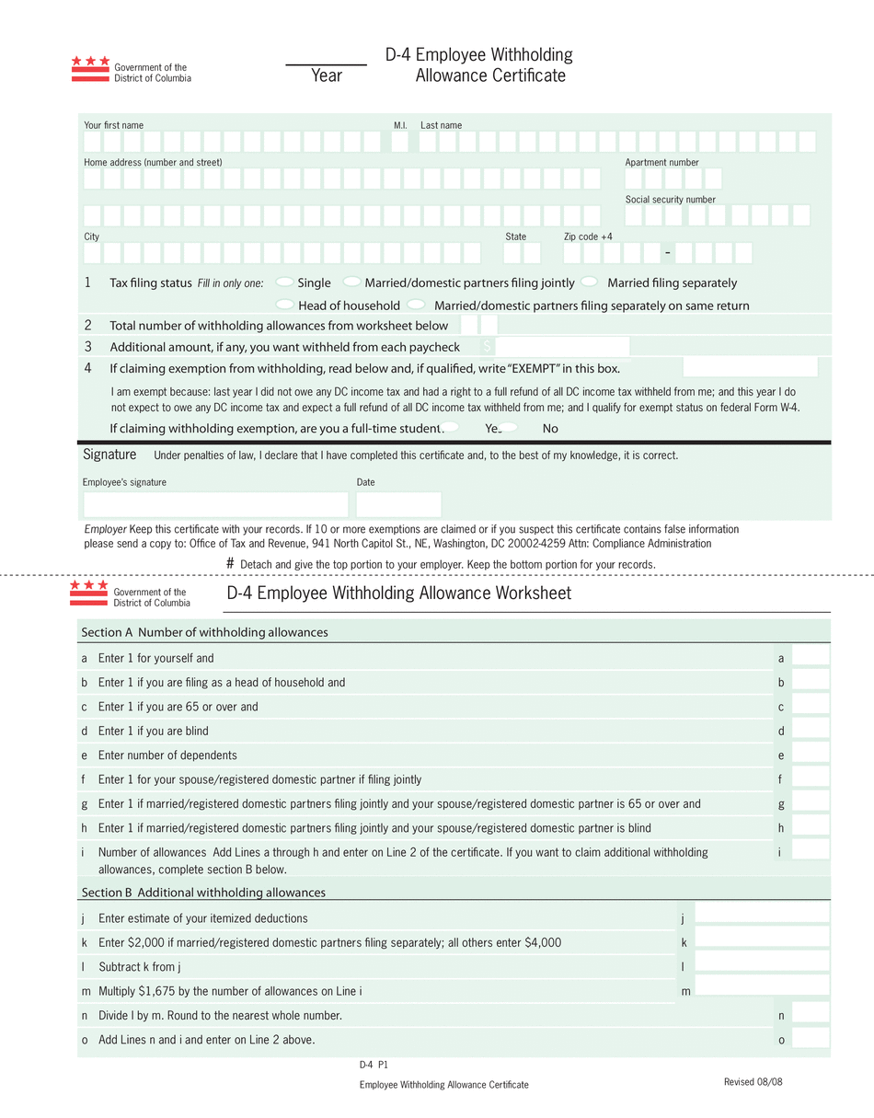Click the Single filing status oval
pyautogui.click(x=285, y=282)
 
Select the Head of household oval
pyautogui.click(x=285, y=305)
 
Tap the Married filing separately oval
pyautogui.click(x=590, y=282)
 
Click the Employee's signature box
pyautogui.click(x=216, y=504)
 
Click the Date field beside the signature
pyautogui.click(x=398, y=504)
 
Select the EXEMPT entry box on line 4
pyautogui.click(x=750, y=367)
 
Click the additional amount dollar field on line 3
pyautogui.click(x=561, y=346)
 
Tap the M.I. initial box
pyautogui.click(x=399, y=142)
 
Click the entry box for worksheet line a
pyautogui.click(x=811, y=656)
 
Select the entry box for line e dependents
pyautogui.click(x=811, y=754)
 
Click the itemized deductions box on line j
pyautogui.click(x=762, y=913)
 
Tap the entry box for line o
pyautogui.click(x=811, y=1038)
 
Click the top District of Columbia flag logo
pyautogui.click(x=90, y=69)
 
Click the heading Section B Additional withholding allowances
pyautogui.click(x=203, y=893)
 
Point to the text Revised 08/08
pyautogui.click(x=753, y=1081)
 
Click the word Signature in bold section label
pyautogui.click(x=109, y=455)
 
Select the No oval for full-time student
pyautogui.click(x=509, y=427)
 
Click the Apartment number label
pyautogui.click(x=661, y=162)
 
